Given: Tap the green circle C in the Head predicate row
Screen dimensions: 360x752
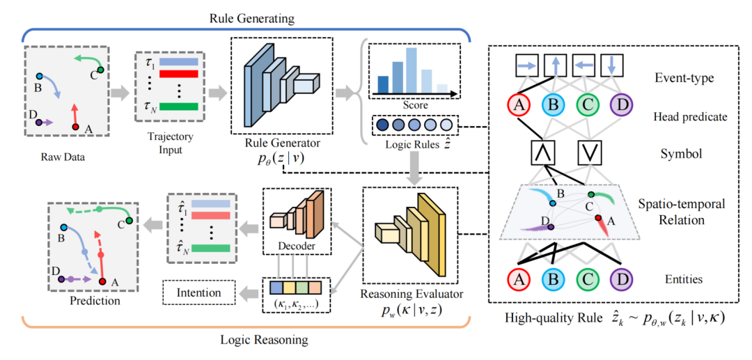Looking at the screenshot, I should [x=588, y=107].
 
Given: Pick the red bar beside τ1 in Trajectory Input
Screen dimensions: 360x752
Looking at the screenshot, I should [x=179, y=73].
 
